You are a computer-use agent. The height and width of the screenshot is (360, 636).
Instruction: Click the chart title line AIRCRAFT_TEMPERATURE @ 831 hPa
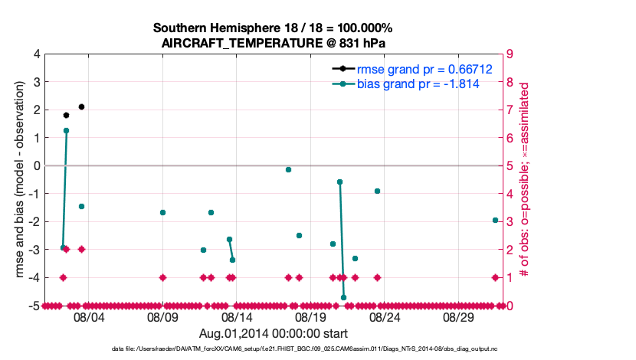click(x=278, y=44)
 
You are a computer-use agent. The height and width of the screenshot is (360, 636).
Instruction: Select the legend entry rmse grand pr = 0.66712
click(x=424, y=69)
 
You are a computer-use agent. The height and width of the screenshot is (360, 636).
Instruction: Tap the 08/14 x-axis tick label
click(x=237, y=316)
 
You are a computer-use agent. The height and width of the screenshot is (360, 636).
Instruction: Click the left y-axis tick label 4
click(x=36, y=54)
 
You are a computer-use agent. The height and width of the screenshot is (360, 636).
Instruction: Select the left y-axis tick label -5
click(x=33, y=306)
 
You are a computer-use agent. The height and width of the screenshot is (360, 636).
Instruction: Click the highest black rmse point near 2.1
click(x=81, y=106)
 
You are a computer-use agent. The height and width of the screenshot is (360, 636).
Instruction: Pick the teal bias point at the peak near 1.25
click(x=66, y=130)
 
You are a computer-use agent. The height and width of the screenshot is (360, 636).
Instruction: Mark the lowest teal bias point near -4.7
click(x=343, y=297)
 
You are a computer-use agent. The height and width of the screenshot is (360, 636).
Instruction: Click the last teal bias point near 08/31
click(x=495, y=220)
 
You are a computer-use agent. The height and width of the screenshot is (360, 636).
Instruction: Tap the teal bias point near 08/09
click(x=162, y=212)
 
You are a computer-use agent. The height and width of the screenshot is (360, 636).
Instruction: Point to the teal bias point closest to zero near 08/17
click(x=288, y=169)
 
